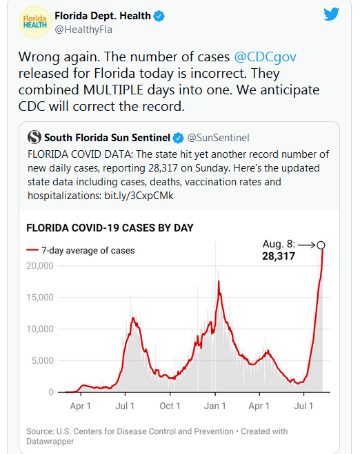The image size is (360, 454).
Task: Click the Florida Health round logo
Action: tap(35, 22)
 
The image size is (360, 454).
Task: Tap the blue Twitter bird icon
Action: tap(331, 14)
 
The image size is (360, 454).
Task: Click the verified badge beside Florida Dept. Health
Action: tap(159, 16)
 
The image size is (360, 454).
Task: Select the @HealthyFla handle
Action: tap(83, 30)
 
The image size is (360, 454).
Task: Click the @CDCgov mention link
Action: tap(265, 56)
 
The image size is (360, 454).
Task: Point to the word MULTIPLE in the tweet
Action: tap(113, 90)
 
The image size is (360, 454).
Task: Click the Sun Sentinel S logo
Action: tap(34, 137)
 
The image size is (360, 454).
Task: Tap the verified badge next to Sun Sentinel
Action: tap(178, 138)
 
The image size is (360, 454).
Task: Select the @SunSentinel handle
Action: tap(218, 138)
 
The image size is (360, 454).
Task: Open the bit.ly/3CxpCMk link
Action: tap(139, 196)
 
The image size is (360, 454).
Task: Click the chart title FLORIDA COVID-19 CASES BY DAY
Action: tap(110, 228)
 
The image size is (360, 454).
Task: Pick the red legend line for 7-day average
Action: tap(32, 250)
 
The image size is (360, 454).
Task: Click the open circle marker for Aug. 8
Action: tap(321, 245)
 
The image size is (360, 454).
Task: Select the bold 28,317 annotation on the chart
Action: tap(279, 256)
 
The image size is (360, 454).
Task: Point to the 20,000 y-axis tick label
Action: tap(40, 266)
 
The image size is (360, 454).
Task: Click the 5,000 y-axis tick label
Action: tap(43, 360)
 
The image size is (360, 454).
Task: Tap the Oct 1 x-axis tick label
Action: tap(170, 406)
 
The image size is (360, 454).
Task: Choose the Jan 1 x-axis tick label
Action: tap(214, 406)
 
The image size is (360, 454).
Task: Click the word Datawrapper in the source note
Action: tap(50, 442)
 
